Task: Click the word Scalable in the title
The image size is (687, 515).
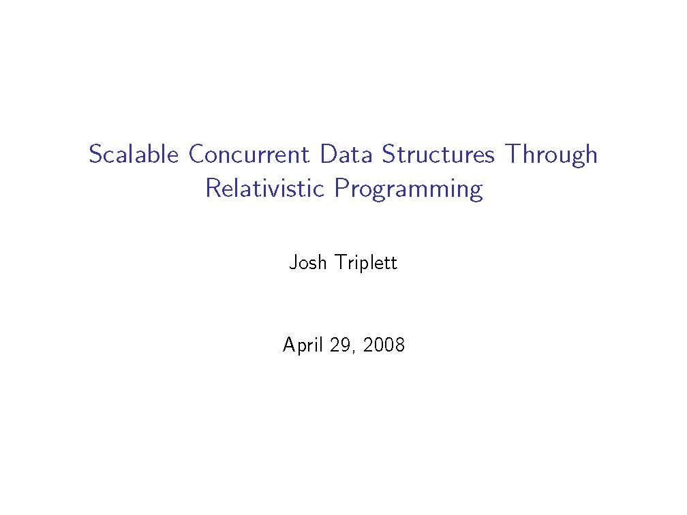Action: coord(134,154)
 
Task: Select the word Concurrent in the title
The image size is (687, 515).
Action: coord(249,154)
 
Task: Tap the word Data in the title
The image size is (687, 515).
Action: coord(346,154)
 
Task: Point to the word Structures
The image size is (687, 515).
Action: coord(438,154)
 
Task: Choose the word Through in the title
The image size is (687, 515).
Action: coord(551,155)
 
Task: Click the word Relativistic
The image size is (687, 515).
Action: coord(264,188)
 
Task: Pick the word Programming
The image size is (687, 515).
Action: coord(409,189)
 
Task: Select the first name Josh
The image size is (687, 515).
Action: coord(308,262)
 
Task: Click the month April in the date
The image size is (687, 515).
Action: coord(304,345)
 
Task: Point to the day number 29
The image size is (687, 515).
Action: coord(340,345)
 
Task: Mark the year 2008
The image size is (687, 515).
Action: coord(384,345)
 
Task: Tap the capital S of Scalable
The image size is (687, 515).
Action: coord(96,154)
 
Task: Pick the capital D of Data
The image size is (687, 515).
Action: coord(329,154)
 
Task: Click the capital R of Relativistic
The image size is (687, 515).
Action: coord(214,188)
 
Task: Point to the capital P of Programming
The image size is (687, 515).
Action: coord(342,188)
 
